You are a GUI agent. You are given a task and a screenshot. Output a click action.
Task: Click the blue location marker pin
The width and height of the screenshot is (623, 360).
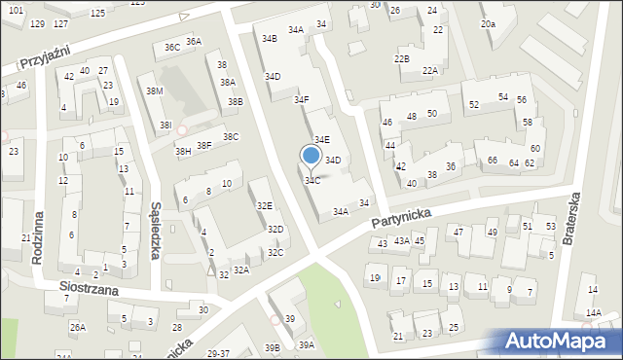tap(311, 156)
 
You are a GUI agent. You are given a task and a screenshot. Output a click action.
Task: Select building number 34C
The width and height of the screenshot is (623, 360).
tap(312, 181)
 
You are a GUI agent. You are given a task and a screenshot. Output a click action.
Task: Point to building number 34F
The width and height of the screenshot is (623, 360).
tap(302, 99)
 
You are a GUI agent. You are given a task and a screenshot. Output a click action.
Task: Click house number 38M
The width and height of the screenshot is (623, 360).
tap(154, 90)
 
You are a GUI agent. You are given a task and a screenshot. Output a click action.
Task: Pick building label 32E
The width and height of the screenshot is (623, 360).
tap(264, 206)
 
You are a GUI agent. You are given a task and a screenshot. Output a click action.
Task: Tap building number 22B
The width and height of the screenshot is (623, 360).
tap(401, 59)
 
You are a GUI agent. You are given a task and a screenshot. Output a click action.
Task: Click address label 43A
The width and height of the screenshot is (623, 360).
tap(401, 240)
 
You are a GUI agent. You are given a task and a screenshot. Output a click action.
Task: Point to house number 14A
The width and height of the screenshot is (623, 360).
tap(593, 312)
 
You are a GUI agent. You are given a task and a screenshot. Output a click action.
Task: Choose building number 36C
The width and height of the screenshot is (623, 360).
tap(171, 47)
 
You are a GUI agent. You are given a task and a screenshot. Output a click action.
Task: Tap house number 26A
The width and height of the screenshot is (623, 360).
tap(78, 328)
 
